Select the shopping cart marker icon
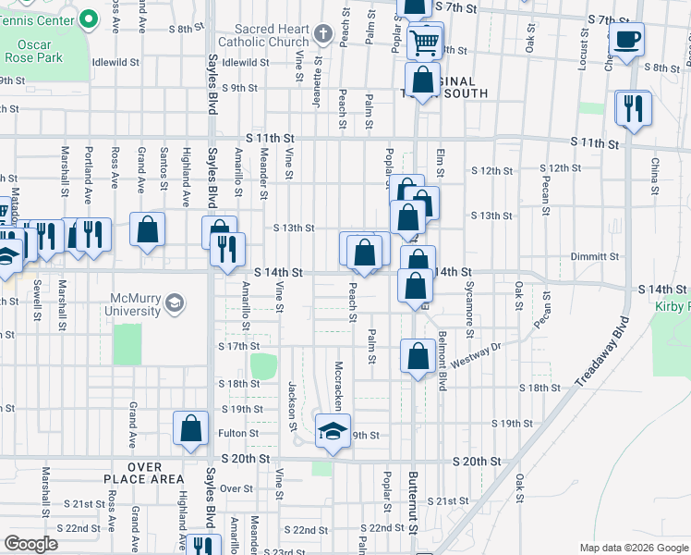pos(424,41)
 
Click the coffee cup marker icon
pos(627,40)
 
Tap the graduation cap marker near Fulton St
pos(333,431)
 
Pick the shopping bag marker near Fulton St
pos(190,428)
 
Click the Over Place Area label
pos(157,473)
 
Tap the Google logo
pos(31,544)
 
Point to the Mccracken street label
pos(339,385)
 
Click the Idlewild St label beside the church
pos(245,63)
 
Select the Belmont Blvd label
pos(443,362)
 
